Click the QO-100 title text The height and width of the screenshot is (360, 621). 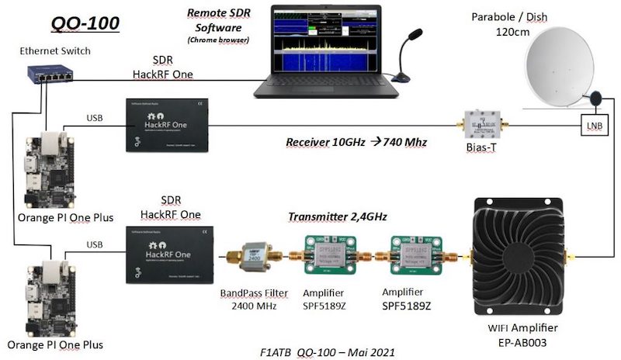tap(85, 23)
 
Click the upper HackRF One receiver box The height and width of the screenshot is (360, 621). tap(167, 123)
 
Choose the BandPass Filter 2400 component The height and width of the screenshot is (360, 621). tap(252, 255)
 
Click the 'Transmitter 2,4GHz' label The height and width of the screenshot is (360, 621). tap(337, 216)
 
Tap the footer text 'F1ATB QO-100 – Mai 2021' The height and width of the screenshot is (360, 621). tap(328, 351)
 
